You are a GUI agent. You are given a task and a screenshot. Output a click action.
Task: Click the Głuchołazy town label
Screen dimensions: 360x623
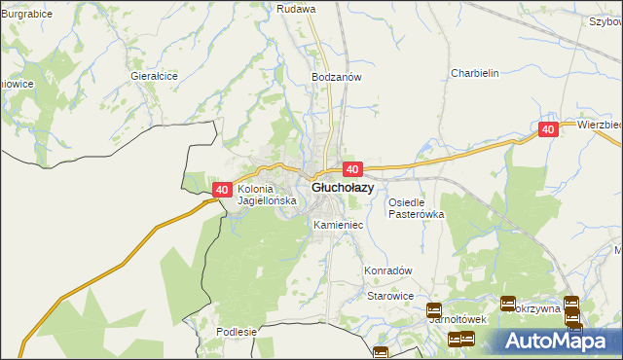(342, 188)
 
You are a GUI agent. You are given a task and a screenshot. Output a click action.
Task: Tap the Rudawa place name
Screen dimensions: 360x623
(297, 9)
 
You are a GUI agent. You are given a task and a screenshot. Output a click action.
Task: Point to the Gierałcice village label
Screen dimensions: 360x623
(153, 74)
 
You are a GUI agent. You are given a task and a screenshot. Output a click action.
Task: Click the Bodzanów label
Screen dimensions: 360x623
(336, 76)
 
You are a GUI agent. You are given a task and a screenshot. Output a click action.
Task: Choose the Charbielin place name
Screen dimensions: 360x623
(474, 73)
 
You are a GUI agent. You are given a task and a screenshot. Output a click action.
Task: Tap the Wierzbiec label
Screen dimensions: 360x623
(599, 125)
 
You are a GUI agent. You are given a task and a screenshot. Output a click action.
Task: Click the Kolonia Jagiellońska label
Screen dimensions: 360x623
(264, 196)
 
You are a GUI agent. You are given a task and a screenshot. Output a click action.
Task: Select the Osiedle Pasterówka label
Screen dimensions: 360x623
(416, 208)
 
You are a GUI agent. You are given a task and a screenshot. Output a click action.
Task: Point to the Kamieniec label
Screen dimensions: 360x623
(339, 225)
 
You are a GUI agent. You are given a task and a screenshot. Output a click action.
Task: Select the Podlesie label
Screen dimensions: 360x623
(237, 332)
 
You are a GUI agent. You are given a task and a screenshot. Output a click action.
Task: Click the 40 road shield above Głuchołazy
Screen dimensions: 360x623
(353, 169)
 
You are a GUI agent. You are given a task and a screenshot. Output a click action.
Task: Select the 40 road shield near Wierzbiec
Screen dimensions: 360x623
(548, 129)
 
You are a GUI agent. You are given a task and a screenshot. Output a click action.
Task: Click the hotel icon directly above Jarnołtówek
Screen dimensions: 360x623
(434, 310)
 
